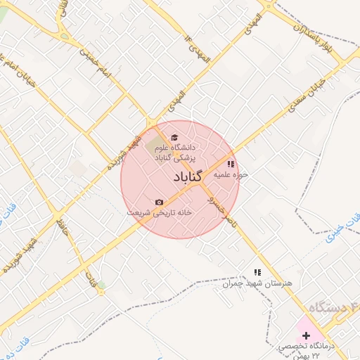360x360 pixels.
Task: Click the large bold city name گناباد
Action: (x=181, y=177)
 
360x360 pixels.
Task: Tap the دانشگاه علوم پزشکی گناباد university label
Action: (x=179, y=154)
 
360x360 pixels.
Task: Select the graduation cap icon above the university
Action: (x=174, y=137)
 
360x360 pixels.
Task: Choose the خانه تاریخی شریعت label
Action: (x=159, y=212)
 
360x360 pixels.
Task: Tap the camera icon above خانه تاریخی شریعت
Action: (x=159, y=202)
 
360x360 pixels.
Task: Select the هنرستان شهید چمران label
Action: (x=257, y=283)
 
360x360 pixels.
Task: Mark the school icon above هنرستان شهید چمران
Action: (x=257, y=271)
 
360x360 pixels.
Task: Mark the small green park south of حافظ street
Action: (x=101, y=285)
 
